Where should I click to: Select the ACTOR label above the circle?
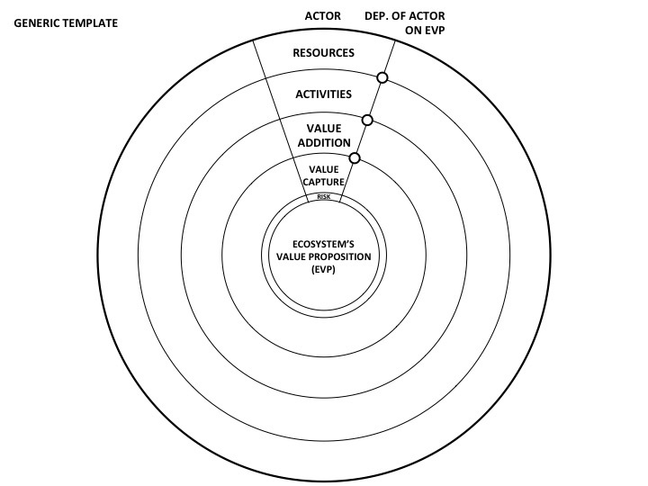click(322, 15)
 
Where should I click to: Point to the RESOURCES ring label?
click(323, 53)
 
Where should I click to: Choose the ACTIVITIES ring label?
click(323, 94)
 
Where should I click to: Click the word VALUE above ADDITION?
click(323, 128)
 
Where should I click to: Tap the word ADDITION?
click(323, 142)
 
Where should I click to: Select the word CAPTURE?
click(323, 182)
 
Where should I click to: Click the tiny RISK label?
click(324, 196)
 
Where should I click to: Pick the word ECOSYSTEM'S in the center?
click(324, 244)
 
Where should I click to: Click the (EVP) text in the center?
click(324, 269)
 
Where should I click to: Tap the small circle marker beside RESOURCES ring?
click(382, 79)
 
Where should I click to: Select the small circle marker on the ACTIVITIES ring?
click(367, 120)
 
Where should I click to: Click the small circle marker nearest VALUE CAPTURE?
click(354, 158)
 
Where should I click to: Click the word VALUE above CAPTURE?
click(323, 169)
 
